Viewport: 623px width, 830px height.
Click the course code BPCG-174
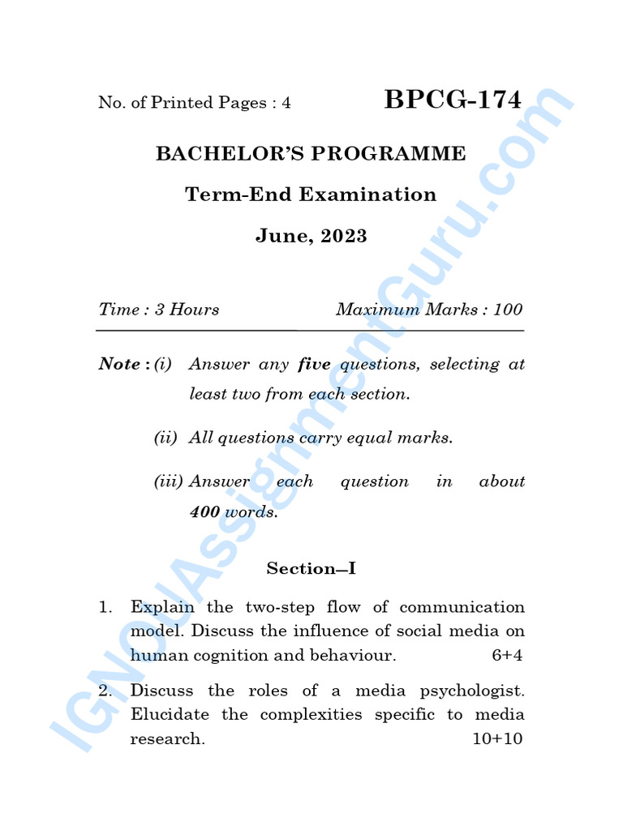coord(453,100)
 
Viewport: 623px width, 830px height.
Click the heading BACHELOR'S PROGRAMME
coord(311,153)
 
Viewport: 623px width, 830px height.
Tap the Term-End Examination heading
coord(311,195)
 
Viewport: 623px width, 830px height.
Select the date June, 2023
coord(311,237)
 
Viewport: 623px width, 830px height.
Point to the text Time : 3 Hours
coord(159,310)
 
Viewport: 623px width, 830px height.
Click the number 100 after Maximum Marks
coord(508,310)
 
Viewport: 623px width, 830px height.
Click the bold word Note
coord(119,364)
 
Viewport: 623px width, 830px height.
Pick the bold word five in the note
coord(314,364)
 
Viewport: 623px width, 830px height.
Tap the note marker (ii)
coord(165,438)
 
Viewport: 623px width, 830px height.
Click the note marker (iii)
coord(169,481)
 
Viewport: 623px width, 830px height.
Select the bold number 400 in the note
coord(204,512)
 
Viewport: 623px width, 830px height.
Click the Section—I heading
coord(311,569)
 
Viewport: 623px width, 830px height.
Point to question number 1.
coord(104,607)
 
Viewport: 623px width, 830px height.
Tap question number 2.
coord(104,691)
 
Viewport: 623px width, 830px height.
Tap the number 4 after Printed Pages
coord(286,103)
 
